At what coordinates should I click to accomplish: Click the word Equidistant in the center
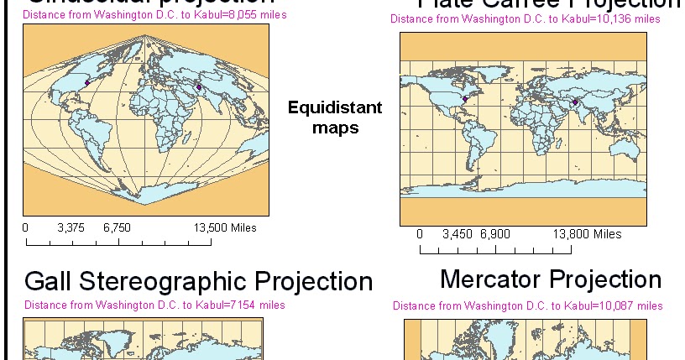335,107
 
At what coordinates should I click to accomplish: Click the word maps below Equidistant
335,128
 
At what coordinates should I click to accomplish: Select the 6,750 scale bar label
118,227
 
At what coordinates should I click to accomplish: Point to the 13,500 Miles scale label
225,227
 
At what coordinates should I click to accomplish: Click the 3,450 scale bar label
457,234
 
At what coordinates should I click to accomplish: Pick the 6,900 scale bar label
495,234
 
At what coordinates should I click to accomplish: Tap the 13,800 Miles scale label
588,234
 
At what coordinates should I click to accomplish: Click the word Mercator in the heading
491,279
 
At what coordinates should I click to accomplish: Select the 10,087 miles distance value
631,305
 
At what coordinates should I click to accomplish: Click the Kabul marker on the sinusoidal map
199,86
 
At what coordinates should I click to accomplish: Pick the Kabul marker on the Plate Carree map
575,102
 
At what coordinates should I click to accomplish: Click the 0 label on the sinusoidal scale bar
25,227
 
